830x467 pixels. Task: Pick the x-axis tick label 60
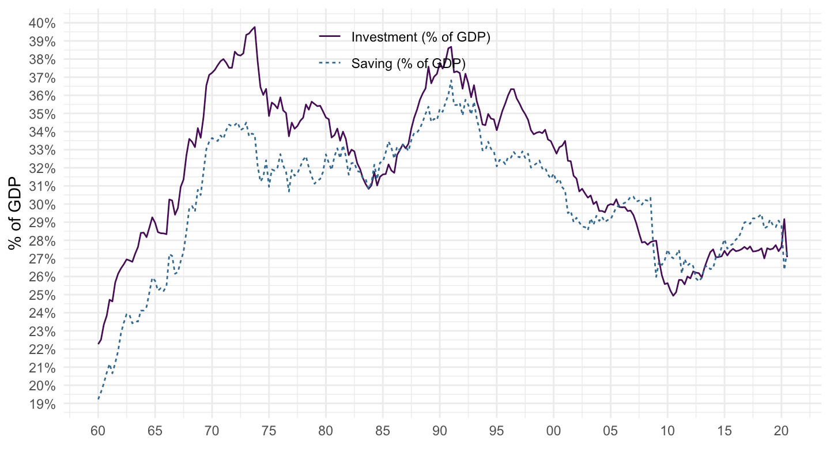tap(98, 431)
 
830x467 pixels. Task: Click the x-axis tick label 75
tap(269, 431)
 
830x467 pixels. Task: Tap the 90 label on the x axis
tap(440, 431)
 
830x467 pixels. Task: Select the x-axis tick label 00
tap(553, 431)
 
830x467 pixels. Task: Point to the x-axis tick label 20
tap(782, 431)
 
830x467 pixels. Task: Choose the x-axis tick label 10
tap(667, 431)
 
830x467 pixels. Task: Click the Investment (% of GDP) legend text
tap(420, 37)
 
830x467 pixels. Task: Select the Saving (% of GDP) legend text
tap(408, 63)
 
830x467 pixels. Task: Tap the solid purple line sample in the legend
tap(330, 37)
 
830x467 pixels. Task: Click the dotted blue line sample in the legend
tap(330, 63)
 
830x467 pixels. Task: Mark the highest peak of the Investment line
tap(254, 27)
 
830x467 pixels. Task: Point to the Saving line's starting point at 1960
tap(99, 399)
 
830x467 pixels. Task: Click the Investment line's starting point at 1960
tap(99, 344)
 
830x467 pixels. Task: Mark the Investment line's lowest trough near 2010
tap(673, 296)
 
